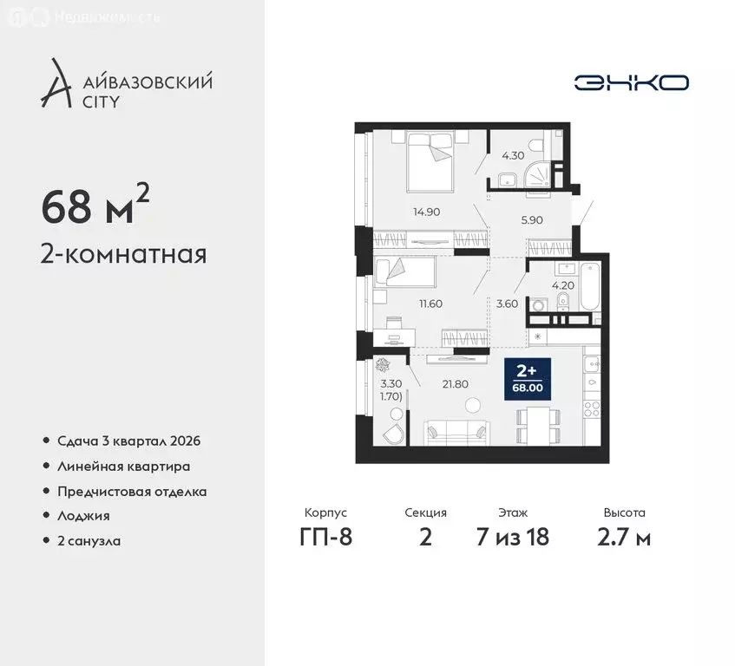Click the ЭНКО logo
tap(631, 82)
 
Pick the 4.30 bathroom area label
tap(513, 156)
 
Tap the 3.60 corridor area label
tap(506, 304)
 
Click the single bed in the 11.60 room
tap(404, 271)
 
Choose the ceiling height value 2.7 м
tap(626, 538)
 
